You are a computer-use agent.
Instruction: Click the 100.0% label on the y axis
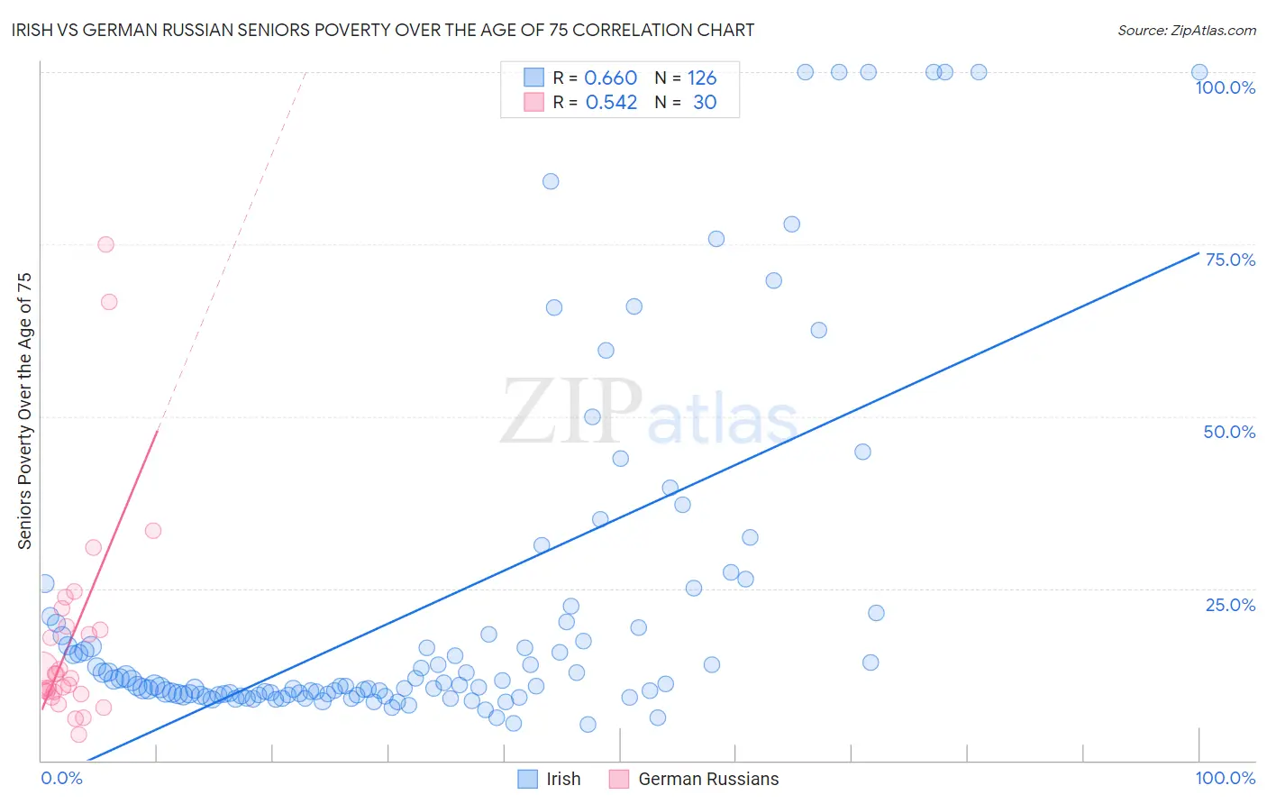(x=1225, y=87)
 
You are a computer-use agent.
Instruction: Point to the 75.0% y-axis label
(x=1230, y=260)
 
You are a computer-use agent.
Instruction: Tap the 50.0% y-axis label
(x=1229, y=432)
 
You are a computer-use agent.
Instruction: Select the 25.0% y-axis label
(x=1230, y=605)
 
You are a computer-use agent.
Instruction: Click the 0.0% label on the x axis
(x=62, y=778)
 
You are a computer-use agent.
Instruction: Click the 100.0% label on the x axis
(x=1225, y=778)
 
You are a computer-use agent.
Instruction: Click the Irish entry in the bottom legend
(x=563, y=779)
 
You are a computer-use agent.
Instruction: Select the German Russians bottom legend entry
(x=708, y=779)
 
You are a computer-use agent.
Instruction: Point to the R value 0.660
(x=610, y=78)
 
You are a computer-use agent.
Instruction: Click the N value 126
(x=702, y=78)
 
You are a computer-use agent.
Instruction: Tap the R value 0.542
(x=611, y=102)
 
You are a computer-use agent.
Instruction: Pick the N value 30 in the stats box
(x=705, y=102)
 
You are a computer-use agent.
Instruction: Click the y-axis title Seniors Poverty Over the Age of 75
(x=24, y=410)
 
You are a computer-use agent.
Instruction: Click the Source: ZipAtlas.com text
(x=1186, y=30)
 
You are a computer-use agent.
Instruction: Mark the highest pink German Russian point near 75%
(x=105, y=244)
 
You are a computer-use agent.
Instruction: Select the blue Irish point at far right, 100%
(x=1199, y=72)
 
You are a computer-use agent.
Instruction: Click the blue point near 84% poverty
(x=551, y=181)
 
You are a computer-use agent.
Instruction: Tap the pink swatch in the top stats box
(x=533, y=102)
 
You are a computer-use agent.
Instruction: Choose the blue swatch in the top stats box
(x=533, y=78)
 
